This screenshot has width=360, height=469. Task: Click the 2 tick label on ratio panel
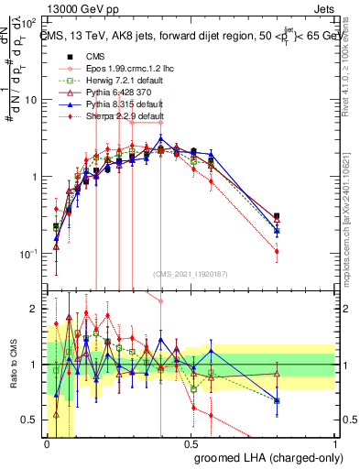pyautogui.click(x=34, y=309)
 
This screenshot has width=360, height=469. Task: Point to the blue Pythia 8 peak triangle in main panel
pyautogui.click(x=161, y=139)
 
